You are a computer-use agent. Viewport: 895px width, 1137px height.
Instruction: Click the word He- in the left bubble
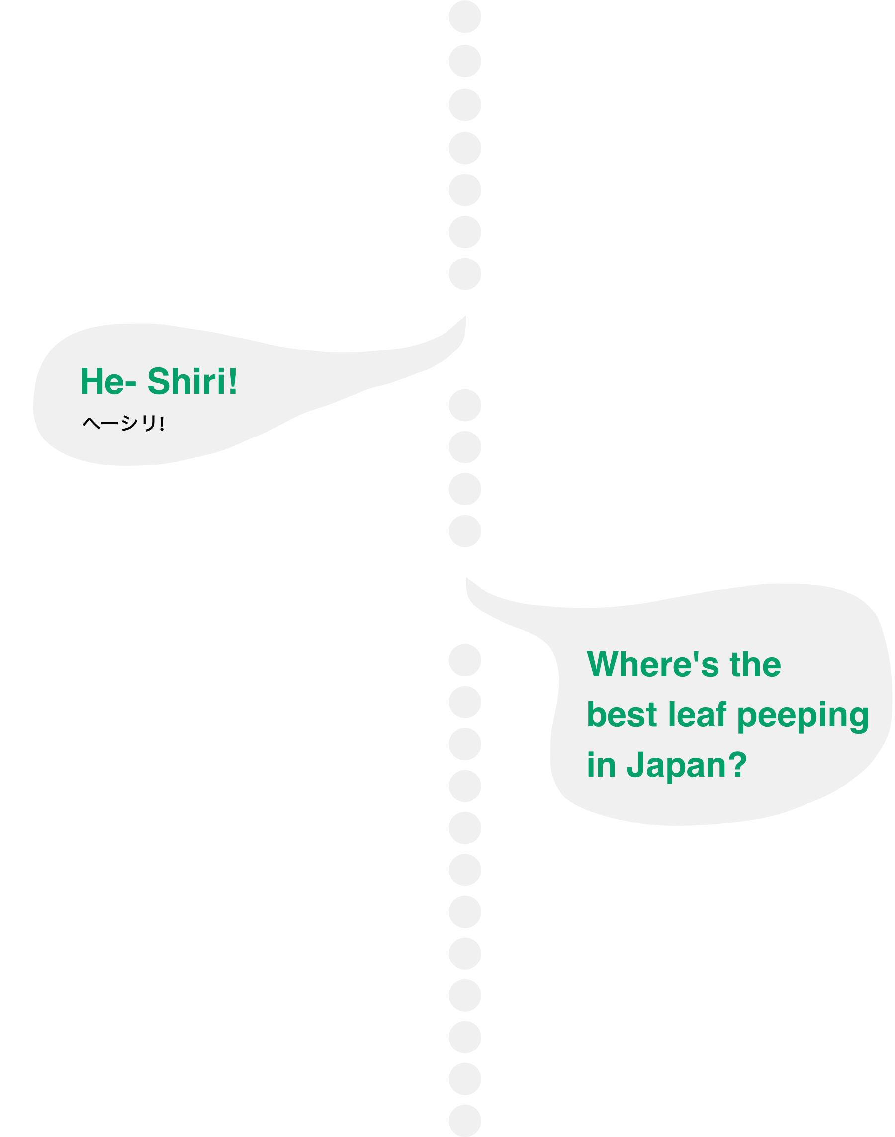(107, 382)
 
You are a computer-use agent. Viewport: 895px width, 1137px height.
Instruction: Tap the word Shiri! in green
(192, 382)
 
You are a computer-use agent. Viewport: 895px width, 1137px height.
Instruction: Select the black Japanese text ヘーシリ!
(123, 423)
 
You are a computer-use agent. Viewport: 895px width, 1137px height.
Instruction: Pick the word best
(622, 715)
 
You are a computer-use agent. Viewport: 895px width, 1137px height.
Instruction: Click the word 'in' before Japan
(601, 766)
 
